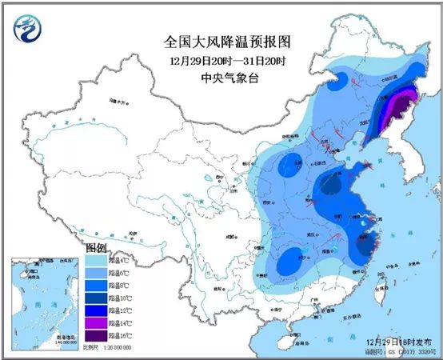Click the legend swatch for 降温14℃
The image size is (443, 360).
point(94,320)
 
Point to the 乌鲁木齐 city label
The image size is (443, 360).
point(118,103)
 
